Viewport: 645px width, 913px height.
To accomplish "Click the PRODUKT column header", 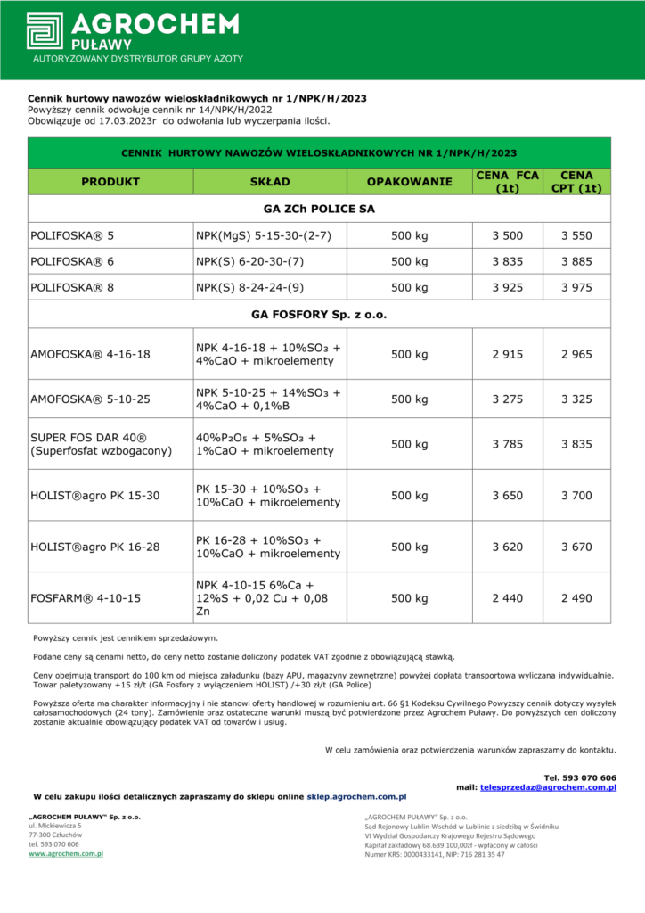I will (x=110, y=182).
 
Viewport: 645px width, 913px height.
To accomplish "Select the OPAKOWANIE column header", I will (x=410, y=182).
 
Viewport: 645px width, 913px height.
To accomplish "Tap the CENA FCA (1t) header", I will (x=508, y=182).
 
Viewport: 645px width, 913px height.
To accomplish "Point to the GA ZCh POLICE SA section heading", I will (x=319, y=209).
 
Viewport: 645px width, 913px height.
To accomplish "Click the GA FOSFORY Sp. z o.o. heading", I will (x=319, y=315).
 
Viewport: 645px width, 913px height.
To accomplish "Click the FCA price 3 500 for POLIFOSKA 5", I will (x=508, y=236).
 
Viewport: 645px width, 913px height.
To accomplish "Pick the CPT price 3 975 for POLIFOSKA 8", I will (x=576, y=288).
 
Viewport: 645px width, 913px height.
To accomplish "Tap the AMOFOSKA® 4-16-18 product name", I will (x=91, y=354).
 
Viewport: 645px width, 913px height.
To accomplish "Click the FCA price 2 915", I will (x=508, y=354).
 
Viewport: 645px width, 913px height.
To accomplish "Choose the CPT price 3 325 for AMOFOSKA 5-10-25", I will (x=576, y=399).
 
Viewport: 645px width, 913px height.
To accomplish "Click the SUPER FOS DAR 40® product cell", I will (x=100, y=444).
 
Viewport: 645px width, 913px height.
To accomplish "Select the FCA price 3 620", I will (x=508, y=547).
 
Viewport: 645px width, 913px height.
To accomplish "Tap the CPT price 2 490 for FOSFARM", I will (x=576, y=598).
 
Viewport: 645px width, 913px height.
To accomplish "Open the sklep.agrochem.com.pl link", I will (x=356, y=796).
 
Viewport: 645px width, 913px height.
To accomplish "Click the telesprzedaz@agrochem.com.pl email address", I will (x=548, y=787).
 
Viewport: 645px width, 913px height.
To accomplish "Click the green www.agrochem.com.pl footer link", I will (x=66, y=853).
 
